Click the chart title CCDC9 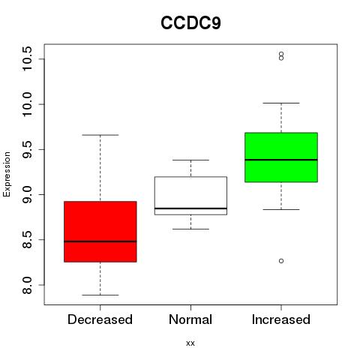pos(190,23)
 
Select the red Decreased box pos(100,232)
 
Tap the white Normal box pos(190,196)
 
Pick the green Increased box pos(281,157)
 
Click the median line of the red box pos(100,241)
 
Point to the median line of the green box pos(281,160)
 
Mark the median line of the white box pos(190,208)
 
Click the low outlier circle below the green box pos(281,261)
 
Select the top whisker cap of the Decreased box pos(100,135)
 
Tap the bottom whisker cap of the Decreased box pos(100,295)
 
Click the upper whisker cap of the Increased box pos(281,103)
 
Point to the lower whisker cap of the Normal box pos(190,229)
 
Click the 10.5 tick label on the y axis pos(27,59)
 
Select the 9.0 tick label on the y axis pos(27,194)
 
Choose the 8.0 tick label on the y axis pos(27,285)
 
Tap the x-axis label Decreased pos(100,319)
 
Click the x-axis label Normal pos(190,319)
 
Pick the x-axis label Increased pos(281,319)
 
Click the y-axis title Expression pos(7,174)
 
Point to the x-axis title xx pos(190,343)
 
